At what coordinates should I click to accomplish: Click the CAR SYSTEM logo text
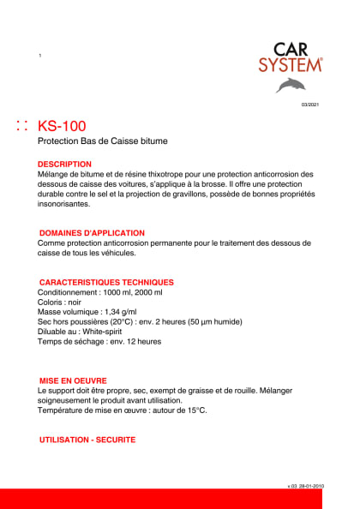point(291,56)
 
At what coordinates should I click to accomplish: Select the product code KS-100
point(62,126)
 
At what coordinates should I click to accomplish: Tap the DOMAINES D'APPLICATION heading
point(92,233)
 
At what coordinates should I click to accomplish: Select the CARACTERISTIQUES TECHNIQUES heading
point(107,282)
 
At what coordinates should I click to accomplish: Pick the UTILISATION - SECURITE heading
point(87,440)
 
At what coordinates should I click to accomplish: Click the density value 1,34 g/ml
point(122,312)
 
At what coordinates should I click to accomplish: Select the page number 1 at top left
point(40,57)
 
